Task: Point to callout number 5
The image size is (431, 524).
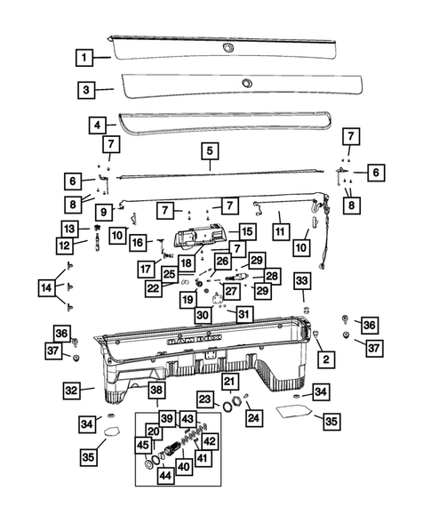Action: pyautogui.click(x=211, y=151)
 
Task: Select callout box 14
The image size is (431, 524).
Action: pyautogui.click(x=45, y=287)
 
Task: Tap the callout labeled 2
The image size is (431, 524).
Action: pyautogui.click(x=326, y=359)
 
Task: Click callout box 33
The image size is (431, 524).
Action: pyautogui.click(x=302, y=281)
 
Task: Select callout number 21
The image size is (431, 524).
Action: pyautogui.click(x=230, y=382)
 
